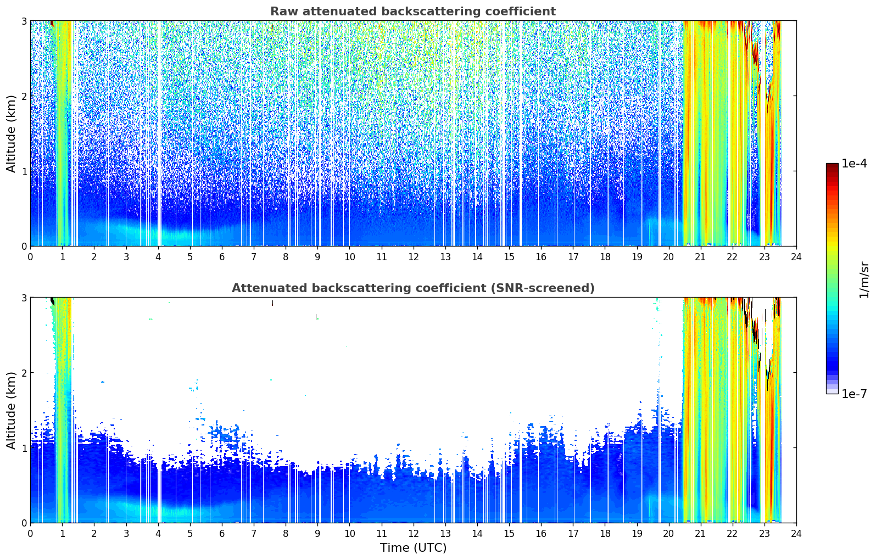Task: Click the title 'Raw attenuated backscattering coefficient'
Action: [x=413, y=12]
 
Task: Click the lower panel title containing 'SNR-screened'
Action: [x=413, y=288]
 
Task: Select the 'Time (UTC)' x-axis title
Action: [x=413, y=547]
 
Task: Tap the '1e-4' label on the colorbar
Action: [x=854, y=164]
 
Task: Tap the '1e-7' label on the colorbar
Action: [x=854, y=394]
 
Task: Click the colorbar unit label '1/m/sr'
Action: [x=864, y=280]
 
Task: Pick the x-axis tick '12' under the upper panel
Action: [x=414, y=257]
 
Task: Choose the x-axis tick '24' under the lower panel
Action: [x=796, y=534]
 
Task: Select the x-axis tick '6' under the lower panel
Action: [x=222, y=534]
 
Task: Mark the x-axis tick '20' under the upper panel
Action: [x=669, y=257]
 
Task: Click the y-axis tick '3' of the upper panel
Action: [x=24, y=21]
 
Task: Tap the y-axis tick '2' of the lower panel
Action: [x=24, y=373]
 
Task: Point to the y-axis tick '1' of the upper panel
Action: [x=24, y=171]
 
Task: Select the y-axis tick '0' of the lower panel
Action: [x=24, y=523]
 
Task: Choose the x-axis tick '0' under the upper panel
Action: [x=31, y=257]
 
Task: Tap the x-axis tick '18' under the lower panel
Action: [x=605, y=534]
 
